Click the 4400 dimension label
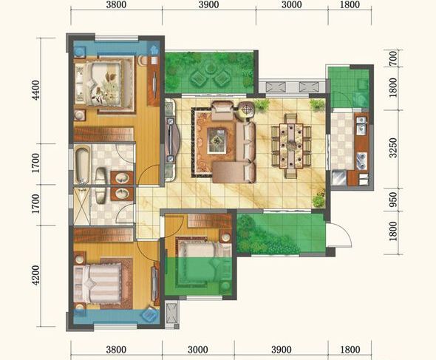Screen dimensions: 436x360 tap(36, 89)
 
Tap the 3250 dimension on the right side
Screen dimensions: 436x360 tap(393, 147)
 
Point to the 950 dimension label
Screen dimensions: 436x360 tap(393, 200)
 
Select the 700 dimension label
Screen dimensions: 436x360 tap(393, 58)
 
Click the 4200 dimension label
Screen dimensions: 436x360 tap(36, 275)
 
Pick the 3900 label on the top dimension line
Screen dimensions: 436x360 tap(208, 4)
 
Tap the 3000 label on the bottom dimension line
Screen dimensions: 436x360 tap(198, 350)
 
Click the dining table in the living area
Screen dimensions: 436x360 tap(291, 146)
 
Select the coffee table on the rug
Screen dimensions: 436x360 tap(217, 140)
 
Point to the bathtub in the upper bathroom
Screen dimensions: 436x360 tap(82, 164)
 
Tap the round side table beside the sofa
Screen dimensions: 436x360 tap(246, 109)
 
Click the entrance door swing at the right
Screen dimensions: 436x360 tap(339, 235)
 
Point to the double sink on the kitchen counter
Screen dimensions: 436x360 tap(361, 125)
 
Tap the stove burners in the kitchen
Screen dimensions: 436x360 tap(362, 161)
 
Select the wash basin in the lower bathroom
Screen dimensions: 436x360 tap(123, 193)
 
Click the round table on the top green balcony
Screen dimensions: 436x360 tap(210, 67)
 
